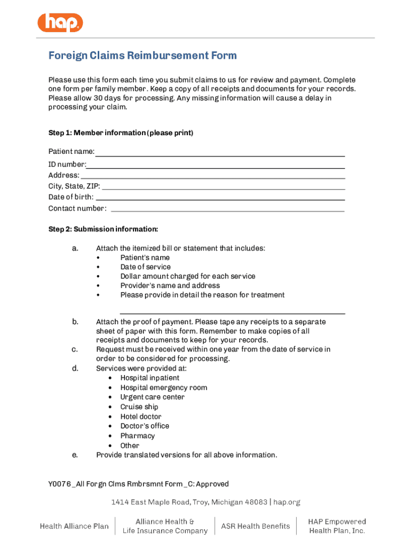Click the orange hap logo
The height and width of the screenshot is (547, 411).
(x=60, y=22)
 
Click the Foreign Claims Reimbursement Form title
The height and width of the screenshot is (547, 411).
(x=143, y=56)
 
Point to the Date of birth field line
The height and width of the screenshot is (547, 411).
(x=220, y=199)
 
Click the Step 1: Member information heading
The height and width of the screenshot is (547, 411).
(x=121, y=132)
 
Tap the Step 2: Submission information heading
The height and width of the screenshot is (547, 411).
(x=103, y=229)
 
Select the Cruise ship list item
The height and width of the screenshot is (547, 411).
(x=139, y=407)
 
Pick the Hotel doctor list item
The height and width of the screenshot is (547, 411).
(x=140, y=417)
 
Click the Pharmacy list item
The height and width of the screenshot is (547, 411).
(x=137, y=436)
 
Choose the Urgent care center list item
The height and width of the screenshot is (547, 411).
(x=152, y=397)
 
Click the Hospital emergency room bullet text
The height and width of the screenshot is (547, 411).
(x=163, y=388)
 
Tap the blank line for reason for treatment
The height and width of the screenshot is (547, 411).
(x=232, y=312)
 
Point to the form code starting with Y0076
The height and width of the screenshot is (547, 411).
(x=138, y=484)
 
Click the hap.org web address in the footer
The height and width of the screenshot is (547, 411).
(x=287, y=502)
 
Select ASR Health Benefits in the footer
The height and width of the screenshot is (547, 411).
(x=256, y=526)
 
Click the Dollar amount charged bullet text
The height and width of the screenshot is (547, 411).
(x=187, y=276)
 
